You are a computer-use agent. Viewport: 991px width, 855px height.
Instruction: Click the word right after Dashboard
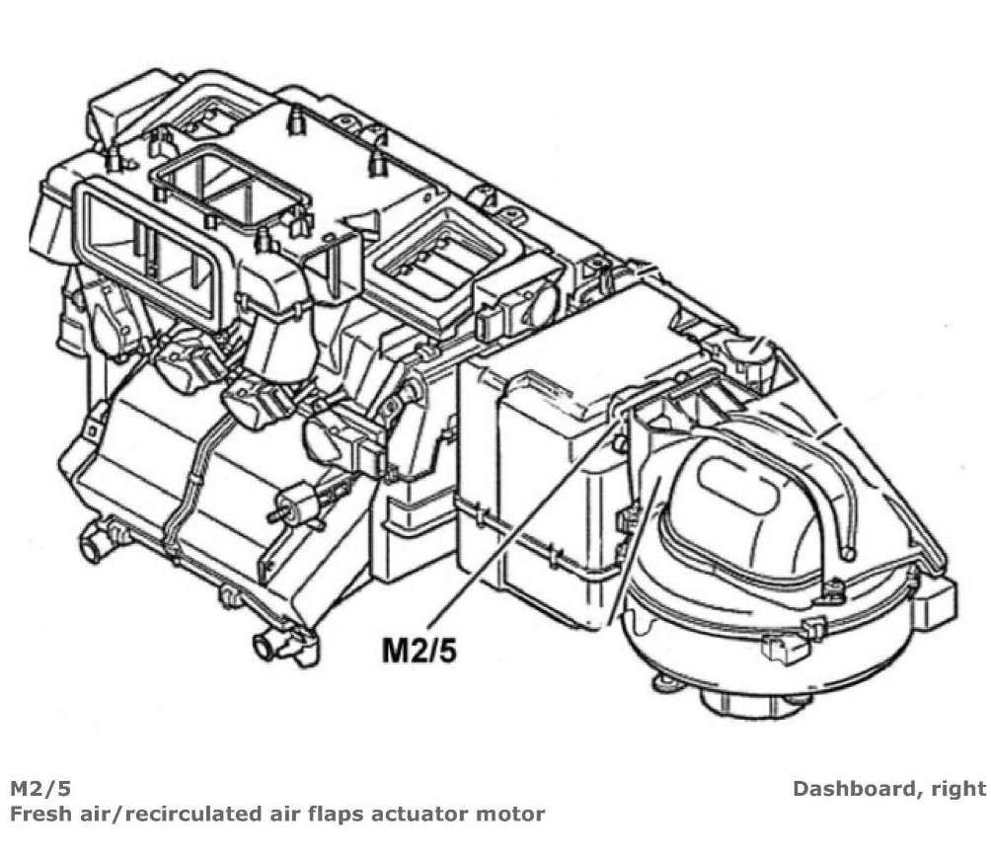pyautogui.click(x=957, y=789)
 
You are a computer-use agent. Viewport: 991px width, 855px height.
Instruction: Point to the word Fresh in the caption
pyautogui.click(x=38, y=815)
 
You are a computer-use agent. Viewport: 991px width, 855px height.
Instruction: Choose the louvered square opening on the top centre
pyautogui.click(x=429, y=259)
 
